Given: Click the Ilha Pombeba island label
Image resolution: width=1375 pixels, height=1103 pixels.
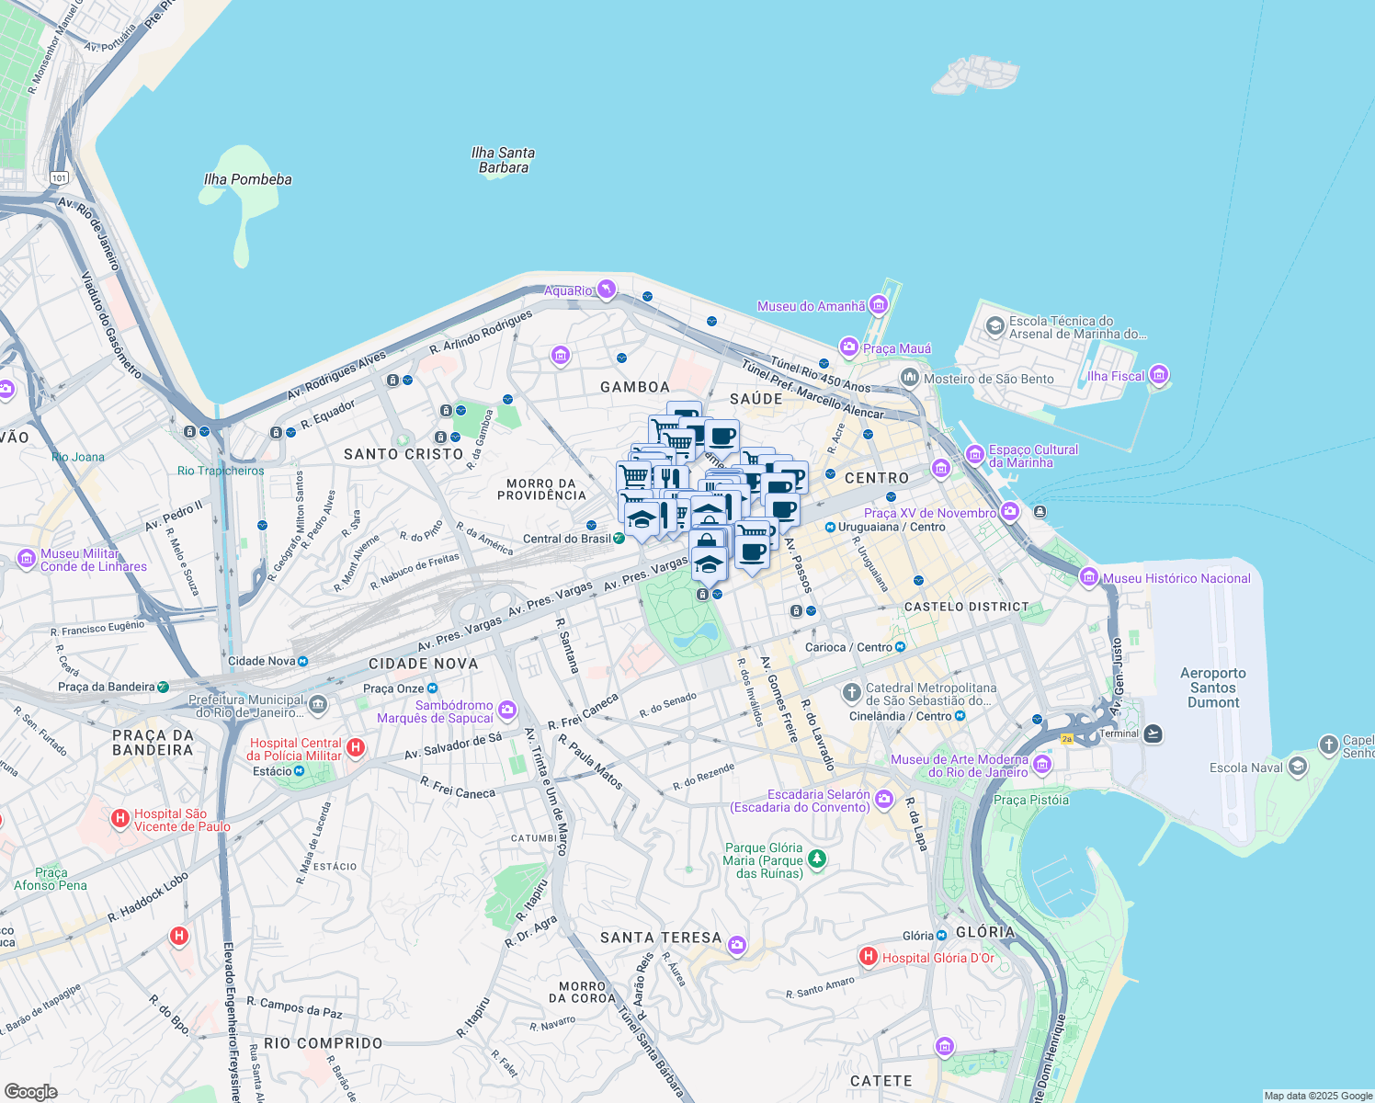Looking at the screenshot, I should (247, 179).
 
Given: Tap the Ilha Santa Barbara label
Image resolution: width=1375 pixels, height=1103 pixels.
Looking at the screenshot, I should (503, 160).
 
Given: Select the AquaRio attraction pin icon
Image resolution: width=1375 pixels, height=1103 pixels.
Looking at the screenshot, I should (606, 290).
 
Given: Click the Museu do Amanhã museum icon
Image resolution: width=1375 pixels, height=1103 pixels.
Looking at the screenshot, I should (879, 305).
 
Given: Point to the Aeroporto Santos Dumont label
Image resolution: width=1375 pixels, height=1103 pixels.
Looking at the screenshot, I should (1213, 688).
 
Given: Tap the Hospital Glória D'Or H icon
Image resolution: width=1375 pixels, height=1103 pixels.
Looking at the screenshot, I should (868, 957).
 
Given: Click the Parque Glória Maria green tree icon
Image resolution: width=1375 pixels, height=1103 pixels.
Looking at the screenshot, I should (816, 860).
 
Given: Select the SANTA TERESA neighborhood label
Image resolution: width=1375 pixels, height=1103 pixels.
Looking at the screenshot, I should (661, 938).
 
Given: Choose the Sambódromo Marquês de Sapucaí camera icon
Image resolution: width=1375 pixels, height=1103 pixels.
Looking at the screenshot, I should (507, 710).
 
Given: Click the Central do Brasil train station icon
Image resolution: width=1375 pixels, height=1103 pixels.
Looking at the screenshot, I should (619, 539).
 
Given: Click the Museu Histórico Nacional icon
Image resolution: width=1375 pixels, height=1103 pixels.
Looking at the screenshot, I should (1089, 577).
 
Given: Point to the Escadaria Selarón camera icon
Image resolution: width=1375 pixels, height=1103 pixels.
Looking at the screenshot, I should (884, 799).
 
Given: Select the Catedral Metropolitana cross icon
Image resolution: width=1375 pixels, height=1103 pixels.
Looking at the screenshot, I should (852, 691).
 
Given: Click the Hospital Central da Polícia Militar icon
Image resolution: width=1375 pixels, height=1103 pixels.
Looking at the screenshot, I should (356, 747).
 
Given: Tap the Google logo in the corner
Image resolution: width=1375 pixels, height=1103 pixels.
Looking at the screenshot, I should (30, 1091).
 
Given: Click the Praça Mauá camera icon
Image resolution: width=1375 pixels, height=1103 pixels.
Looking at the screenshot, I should (849, 347).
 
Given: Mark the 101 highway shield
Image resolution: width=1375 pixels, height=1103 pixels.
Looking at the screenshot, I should (60, 177).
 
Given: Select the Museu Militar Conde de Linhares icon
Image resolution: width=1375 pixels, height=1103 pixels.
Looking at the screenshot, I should (27, 559).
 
